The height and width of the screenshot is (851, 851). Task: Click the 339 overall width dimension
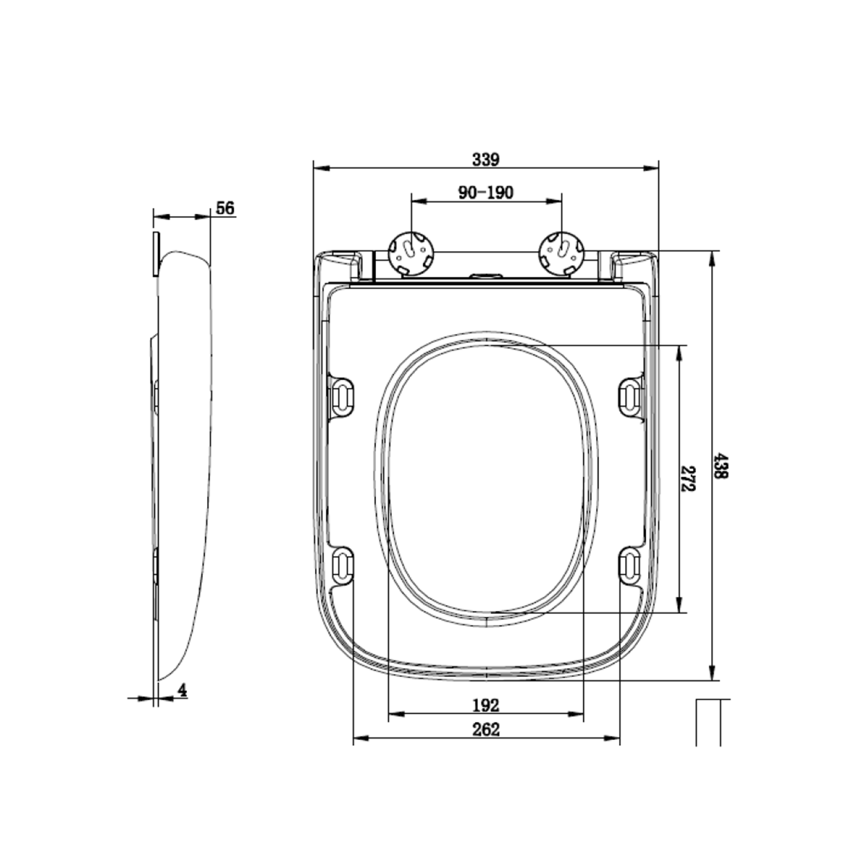[485, 160]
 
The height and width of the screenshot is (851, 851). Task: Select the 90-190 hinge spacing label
[486, 192]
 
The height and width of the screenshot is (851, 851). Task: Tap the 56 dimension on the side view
[225, 208]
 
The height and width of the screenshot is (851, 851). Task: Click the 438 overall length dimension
[721, 465]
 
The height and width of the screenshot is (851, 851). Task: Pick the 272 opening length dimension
[688, 479]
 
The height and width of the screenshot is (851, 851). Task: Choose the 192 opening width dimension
[485, 705]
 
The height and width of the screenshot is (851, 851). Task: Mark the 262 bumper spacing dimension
[486, 730]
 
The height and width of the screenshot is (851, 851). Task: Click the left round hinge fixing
[411, 253]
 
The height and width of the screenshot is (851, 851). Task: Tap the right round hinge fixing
[562, 253]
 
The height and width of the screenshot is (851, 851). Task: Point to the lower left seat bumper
[342, 565]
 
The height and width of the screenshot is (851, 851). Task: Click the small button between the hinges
[486, 277]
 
